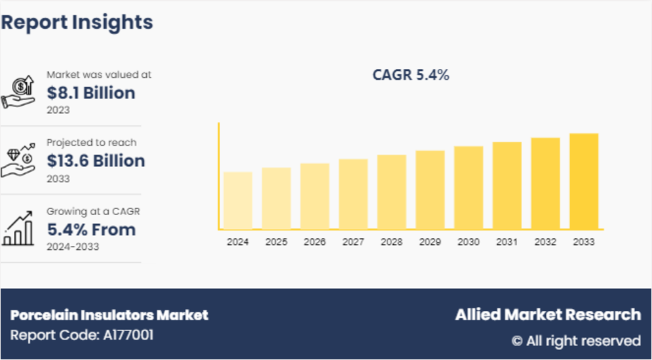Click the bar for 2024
point(238,201)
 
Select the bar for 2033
point(584,182)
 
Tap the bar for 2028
point(392,192)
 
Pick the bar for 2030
point(469,188)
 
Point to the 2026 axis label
point(315,242)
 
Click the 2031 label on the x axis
point(507,242)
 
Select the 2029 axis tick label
point(430,242)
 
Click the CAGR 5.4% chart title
point(411,75)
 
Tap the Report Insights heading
point(77,22)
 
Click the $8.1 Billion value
point(90,93)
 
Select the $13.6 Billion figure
point(96,161)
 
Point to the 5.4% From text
point(91,230)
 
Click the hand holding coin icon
point(18,92)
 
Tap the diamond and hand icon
point(18,161)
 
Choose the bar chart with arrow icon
point(18,229)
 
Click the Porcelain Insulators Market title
point(109,315)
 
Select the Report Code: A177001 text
point(82,335)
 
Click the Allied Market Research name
point(548,315)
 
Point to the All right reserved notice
point(575,341)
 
